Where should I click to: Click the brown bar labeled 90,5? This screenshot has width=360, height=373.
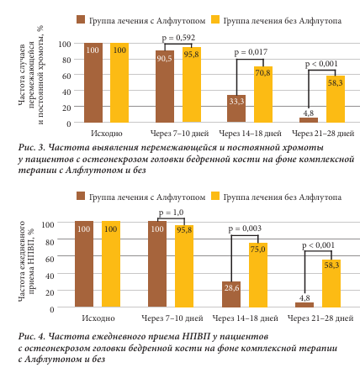click(165, 87)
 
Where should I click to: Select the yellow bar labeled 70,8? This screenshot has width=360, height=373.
click(263, 94)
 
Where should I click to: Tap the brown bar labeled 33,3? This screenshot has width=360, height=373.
click(236, 108)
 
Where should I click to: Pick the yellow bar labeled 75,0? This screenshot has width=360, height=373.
click(258, 275)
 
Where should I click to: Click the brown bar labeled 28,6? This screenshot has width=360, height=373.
click(231, 294)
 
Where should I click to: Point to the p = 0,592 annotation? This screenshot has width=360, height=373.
click(178, 38)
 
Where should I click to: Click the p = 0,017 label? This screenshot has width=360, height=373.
click(251, 52)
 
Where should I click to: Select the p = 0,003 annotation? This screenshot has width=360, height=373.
click(245, 229)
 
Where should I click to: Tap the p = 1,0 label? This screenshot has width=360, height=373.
click(171, 213)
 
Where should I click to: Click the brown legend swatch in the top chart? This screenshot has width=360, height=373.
click(81, 19)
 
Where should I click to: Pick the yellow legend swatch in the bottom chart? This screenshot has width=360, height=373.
click(215, 196)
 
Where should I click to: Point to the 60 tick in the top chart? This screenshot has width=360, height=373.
click(66, 76)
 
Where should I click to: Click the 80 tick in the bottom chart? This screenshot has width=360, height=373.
click(50, 242)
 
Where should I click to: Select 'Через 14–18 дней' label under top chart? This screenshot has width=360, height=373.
click(250, 134)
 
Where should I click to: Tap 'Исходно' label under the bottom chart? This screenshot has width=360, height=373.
click(98, 318)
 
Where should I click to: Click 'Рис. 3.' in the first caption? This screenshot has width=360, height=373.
click(32, 147)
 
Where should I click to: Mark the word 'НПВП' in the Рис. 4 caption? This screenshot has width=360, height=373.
click(196, 336)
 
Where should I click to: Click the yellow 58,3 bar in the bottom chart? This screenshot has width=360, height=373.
click(331, 283)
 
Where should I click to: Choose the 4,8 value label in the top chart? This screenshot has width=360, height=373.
click(309, 113)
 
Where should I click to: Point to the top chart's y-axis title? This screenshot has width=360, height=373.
click(31, 75)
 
